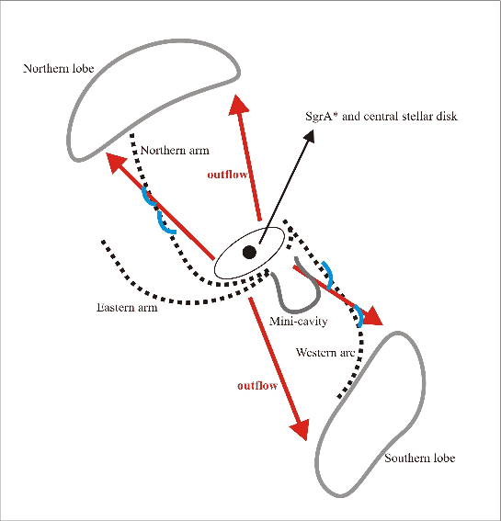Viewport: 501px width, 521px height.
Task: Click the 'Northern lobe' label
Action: pos(59,68)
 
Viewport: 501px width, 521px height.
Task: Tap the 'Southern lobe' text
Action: pos(419,459)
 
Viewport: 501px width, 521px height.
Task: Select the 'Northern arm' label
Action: pos(175,151)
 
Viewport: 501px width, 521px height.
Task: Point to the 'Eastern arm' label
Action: pos(127,307)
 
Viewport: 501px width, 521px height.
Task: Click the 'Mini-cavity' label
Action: pos(298,321)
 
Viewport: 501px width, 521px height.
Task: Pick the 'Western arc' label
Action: pos(325,352)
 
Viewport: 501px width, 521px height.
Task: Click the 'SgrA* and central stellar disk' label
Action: pos(381,117)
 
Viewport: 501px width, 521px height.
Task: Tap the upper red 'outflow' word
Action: pos(227,175)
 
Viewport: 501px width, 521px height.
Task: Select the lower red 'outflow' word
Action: pos(257,385)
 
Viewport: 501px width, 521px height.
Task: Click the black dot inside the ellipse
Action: pos(249,252)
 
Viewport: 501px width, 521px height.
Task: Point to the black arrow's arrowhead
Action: pos(308,136)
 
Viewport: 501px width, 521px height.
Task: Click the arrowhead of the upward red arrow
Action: pos(238,105)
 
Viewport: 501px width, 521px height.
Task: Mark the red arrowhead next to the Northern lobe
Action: pos(115,163)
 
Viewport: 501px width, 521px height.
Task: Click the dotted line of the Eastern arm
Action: pos(187,302)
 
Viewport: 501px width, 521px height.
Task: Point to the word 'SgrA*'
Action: pos(319,117)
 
